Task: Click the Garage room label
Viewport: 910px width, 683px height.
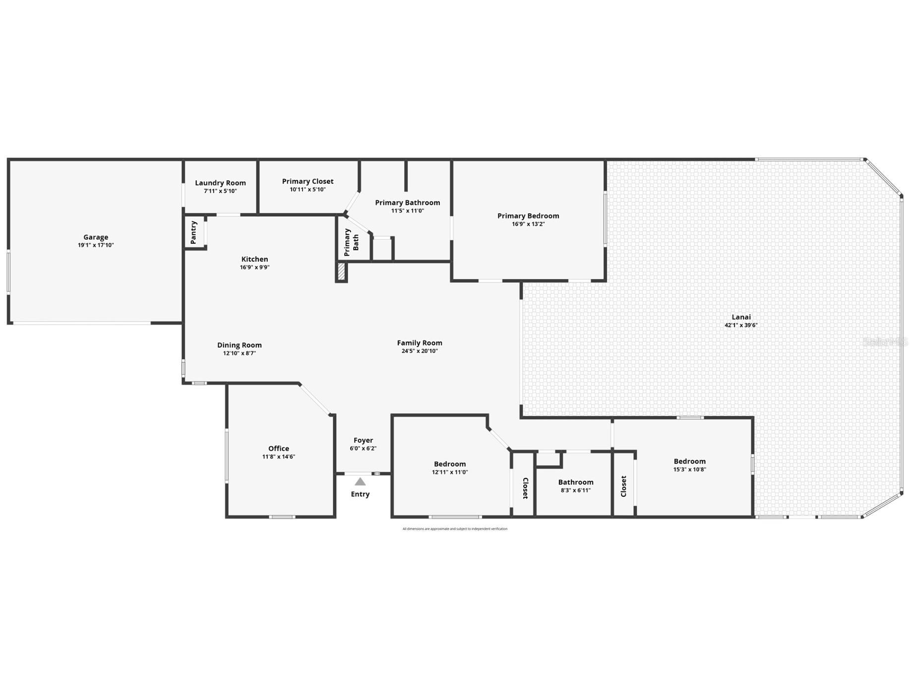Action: pyautogui.click(x=96, y=237)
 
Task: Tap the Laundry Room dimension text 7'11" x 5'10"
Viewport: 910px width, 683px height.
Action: pyautogui.click(x=220, y=191)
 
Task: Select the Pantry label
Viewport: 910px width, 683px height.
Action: pyautogui.click(x=194, y=232)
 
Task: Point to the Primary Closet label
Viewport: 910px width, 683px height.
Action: pyautogui.click(x=307, y=181)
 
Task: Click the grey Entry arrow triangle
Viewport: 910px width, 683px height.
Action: pyautogui.click(x=360, y=481)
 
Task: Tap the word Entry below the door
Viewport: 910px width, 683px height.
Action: pyautogui.click(x=360, y=494)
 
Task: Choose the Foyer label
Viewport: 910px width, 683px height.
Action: pyautogui.click(x=363, y=440)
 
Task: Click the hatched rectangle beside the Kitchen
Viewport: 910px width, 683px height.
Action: pyautogui.click(x=341, y=272)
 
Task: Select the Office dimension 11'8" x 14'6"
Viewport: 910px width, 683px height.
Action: pyautogui.click(x=279, y=457)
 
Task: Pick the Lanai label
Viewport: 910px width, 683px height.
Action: pyautogui.click(x=741, y=317)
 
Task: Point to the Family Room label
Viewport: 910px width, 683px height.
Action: pyautogui.click(x=420, y=342)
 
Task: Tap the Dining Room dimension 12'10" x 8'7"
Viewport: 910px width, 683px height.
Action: pyautogui.click(x=239, y=353)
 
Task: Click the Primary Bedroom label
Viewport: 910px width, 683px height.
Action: pyautogui.click(x=528, y=215)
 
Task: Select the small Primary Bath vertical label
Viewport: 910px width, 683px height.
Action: pyautogui.click(x=352, y=242)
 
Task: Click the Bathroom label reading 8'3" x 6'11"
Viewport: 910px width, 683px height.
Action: pyautogui.click(x=575, y=490)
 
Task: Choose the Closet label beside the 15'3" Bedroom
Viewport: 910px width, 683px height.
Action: pyautogui.click(x=623, y=486)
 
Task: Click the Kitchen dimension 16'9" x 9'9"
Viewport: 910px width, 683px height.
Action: pyautogui.click(x=254, y=268)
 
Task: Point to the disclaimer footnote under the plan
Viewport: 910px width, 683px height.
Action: pyautogui.click(x=455, y=529)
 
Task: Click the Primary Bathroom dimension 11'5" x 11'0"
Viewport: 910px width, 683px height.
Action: pyautogui.click(x=407, y=211)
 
